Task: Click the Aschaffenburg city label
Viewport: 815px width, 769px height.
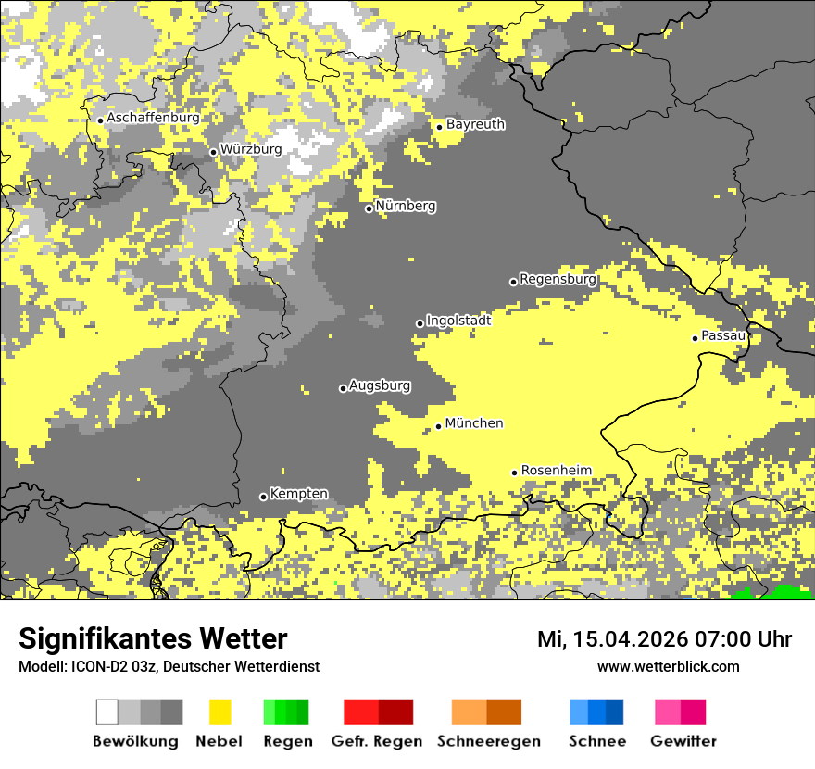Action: click(x=153, y=119)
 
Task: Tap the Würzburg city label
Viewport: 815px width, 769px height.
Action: click(x=251, y=149)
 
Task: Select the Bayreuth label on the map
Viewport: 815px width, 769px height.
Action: click(x=475, y=124)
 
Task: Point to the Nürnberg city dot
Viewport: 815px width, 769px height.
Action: click(x=369, y=208)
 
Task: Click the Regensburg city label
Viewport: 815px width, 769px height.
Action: click(x=558, y=279)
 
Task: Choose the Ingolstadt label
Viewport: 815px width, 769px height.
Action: click(x=458, y=321)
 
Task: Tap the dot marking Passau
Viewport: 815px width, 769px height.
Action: click(x=695, y=338)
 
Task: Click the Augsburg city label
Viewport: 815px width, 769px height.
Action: click(x=380, y=385)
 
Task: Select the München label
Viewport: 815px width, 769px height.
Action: click(x=474, y=423)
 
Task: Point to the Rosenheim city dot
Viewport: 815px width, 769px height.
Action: click(x=514, y=473)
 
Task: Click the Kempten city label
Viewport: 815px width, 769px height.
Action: click(x=298, y=494)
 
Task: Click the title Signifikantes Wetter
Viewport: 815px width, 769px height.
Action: click(x=153, y=638)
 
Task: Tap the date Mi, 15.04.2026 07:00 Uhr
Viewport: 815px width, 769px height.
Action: click(x=664, y=639)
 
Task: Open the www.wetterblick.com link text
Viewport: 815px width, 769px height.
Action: click(x=668, y=666)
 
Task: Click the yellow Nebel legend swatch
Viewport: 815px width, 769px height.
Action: click(x=219, y=712)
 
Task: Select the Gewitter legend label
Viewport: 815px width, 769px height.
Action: click(x=683, y=741)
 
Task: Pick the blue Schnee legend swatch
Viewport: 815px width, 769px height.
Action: click(x=596, y=712)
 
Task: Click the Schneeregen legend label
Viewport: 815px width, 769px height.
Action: click(x=489, y=741)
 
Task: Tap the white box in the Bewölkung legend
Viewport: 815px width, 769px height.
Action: click(x=107, y=712)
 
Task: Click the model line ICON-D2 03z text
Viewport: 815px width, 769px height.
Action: click(x=169, y=666)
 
